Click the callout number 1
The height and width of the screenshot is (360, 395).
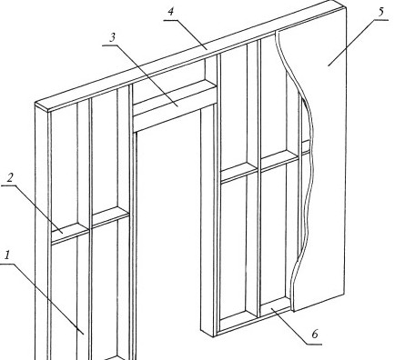point(7,255)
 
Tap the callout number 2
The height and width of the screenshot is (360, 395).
point(10,177)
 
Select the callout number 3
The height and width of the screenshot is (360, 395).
point(113,37)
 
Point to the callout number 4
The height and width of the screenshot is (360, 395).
point(171,12)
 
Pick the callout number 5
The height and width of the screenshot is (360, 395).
point(380,12)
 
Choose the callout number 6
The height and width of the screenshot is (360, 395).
point(315,335)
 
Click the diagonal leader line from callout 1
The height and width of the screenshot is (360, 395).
point(42,299)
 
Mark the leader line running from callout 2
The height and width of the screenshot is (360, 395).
point(32,209)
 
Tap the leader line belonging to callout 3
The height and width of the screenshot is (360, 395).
point(140,75)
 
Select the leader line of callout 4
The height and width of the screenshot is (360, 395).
point(185,35)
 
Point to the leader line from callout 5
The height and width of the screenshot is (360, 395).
point(358,43)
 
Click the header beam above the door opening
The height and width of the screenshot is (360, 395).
point(175,105)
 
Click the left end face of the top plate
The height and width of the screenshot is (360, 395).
point(42,107)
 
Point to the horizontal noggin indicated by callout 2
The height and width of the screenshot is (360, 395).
point(70,233)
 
